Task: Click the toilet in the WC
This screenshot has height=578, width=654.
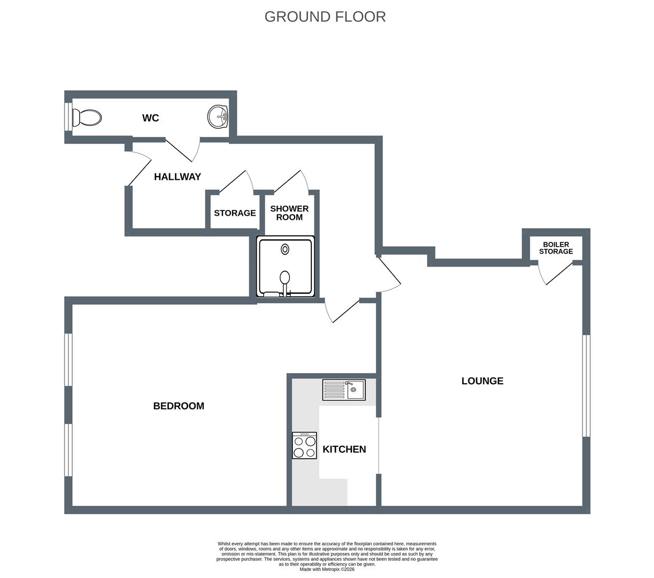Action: (x=87, y=118)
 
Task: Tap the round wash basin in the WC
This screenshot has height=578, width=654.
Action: (x=218, y=116)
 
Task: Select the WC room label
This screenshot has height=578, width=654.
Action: (x=150, y=118)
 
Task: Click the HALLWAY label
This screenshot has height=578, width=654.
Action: (x=177, y=177)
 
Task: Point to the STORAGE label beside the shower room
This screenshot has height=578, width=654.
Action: (x=235, y=213)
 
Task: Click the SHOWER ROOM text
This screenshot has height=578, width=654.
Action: (x=289, y=213)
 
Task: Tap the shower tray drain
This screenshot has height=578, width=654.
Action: (x=284, y=249)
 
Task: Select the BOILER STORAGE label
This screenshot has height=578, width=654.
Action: (x=556, y=248)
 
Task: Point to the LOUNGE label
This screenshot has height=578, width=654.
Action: (x=482, y=381)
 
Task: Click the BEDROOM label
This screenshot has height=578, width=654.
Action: (x=179, y=406)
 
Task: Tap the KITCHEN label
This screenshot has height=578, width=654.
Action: (x=344, y=449)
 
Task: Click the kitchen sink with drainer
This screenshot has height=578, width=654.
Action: (x=344, y=390)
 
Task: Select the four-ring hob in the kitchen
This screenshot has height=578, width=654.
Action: (x=304, y=445)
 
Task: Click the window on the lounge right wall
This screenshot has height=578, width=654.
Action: (x=586, y=386)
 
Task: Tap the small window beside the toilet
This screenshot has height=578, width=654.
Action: (x=68, y=117)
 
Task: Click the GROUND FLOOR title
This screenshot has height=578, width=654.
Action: (x=325, y=17)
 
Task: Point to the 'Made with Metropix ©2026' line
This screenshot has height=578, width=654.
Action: (x=327, y=569)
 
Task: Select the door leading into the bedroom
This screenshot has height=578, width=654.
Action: (x=342, y=310)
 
